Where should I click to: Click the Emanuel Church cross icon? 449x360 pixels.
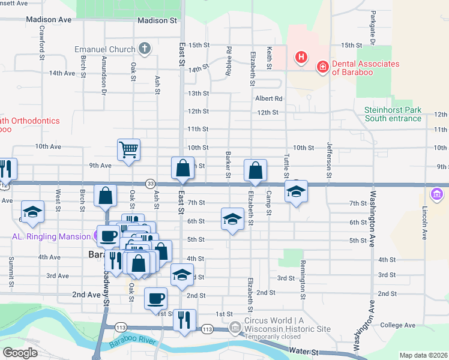pos(144,49)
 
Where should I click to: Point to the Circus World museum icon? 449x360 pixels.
pos(236,326)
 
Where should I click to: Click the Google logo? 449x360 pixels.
pos(20,352)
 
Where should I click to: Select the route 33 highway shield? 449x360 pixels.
pos(151,184)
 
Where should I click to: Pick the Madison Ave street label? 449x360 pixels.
pos(49,20)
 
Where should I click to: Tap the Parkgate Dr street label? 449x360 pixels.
pos(373,28)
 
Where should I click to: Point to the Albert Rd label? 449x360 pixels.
pos(268,98)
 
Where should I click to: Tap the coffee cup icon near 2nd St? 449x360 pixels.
pos(156,298)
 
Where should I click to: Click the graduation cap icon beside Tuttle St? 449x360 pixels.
pos(296,191)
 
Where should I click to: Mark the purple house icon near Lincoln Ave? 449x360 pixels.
pos(436,194)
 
